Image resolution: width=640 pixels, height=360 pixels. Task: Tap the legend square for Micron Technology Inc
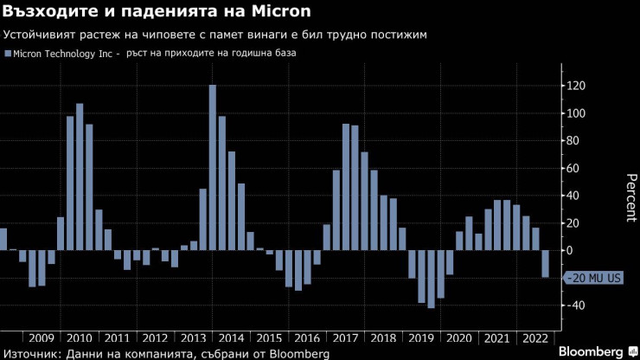(8, 54)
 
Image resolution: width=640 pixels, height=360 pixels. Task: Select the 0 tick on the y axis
(570, 250)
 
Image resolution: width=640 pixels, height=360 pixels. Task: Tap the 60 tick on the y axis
(573, 168)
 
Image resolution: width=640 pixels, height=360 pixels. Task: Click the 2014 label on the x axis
(231, 338)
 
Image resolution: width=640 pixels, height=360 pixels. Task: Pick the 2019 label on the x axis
(421, 338)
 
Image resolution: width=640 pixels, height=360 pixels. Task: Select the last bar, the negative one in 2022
(545, 264)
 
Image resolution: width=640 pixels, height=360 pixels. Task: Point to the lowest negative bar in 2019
(431, 279)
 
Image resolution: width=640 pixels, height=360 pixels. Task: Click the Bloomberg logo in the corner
(590, 352)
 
